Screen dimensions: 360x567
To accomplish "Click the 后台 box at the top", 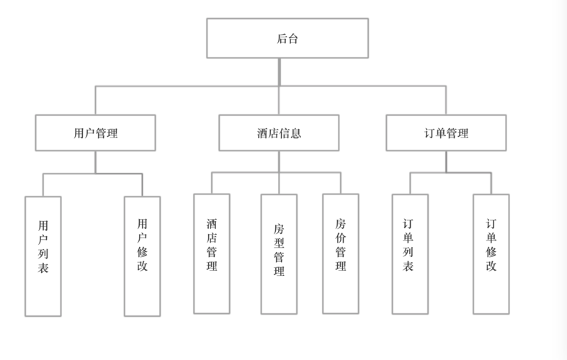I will [x=287, y=38].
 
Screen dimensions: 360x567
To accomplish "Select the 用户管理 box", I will [x=96, y=133].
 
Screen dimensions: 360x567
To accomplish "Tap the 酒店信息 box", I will [x=279, y=133].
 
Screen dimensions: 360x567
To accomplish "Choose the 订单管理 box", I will [x=446, y=133].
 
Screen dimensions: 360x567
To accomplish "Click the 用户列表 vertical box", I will [x=43, y=256].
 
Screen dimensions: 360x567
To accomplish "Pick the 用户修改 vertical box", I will [x=142, y=256].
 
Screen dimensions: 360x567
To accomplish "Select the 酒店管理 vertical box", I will [x=212, y=253].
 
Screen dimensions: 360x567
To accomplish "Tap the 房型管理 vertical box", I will [x=279, y=254].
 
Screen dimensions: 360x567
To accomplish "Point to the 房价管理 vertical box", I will [x=340, y=253].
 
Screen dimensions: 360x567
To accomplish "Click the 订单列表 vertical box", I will [x=410, y=254].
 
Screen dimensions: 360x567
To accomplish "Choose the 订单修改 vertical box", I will [x=491, y=253].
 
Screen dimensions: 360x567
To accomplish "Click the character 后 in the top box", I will [x=282, y=39].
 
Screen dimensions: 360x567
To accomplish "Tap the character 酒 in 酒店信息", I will [x=262, y=133].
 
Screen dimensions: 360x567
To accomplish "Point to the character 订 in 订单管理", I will [x=430, y=133].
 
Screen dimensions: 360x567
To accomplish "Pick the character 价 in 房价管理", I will [x=340, y=238].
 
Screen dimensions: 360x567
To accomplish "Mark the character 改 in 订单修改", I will [x=491, y=266].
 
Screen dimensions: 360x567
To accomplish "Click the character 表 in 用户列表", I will [x=43, y=271].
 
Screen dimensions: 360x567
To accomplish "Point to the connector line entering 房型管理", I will [x=279, y=184].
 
